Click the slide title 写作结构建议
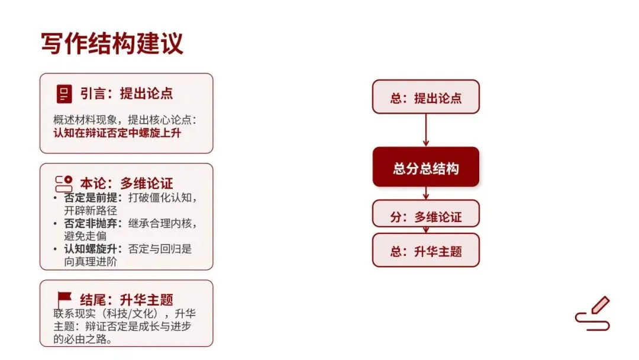(112, 44)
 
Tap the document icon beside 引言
(64, 94)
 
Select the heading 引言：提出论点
(127, 94)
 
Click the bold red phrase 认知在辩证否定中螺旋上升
(117, 133)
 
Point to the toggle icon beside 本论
(64, 183)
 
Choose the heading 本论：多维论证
(127, 183)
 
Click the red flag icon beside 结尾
(64, 299)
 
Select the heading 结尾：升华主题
(127, 300)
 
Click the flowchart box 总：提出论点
(425, 97)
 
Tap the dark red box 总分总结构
(425, 168)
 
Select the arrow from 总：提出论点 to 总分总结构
(425, 130)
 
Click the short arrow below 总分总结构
(425, 193)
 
